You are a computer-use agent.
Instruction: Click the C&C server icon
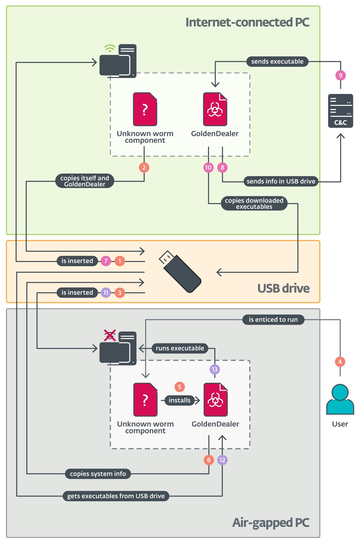pyautogui.click(x=340, y=111)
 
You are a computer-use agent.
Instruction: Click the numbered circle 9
pyautogui.click(x=340, y=75)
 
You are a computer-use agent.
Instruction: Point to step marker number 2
pyautogui.click(x=144, y=168)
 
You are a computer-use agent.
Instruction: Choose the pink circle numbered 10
pyautogui.click(x=208, y=168)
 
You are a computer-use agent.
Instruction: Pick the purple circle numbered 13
pyautogui.click(x=215, y=369)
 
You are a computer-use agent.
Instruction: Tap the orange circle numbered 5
pyautogui.click(x=180, y=387)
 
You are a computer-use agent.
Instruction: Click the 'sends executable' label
pyautogui.click(x=277, y=61)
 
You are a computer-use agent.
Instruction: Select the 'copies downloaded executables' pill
pyautogui.click(x=254, y=203)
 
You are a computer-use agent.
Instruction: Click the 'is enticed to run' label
pyautogui.click(x=273, y=320)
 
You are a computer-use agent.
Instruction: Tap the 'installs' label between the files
pyautogui.click(x=180, y=400)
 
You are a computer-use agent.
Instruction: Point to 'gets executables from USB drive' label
pyautogui.click(x=116, y=496)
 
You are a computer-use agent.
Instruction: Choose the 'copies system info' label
pyautogui.click(x=98, y=474)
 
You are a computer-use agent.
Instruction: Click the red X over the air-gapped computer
pyautogui.click(x=110, y=335)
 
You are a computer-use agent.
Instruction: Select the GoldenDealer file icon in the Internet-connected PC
pyautogui.click(x=215, y=109)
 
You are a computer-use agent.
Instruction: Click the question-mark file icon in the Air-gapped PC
pyautogui.click(x=145, y=400)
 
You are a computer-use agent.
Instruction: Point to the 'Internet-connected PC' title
pyautogui.click(x=247, y=22)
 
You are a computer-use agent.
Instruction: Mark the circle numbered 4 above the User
pyautogui.click(x=340, y=362)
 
